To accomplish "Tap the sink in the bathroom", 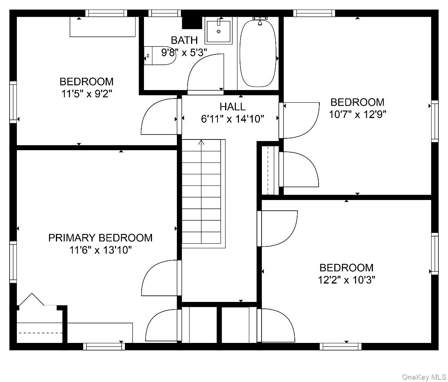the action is point(219,31).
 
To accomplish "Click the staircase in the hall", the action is point(203,193).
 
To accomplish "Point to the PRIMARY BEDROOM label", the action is point(100,238).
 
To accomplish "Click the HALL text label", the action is point(232,107).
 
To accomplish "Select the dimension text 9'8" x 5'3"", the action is point(184,52).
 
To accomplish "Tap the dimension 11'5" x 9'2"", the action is point(87,93).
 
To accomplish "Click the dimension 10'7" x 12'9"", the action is point(357,115).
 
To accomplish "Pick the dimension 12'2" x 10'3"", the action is point(347,280).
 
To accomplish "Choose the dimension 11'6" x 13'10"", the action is point(100,250).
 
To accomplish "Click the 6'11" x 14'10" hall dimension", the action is point(232,119).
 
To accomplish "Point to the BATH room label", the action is point(184,40).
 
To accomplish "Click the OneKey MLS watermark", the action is point(424,377).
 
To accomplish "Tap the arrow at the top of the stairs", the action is point(201,142).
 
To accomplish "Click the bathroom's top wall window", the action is point(165,13).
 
